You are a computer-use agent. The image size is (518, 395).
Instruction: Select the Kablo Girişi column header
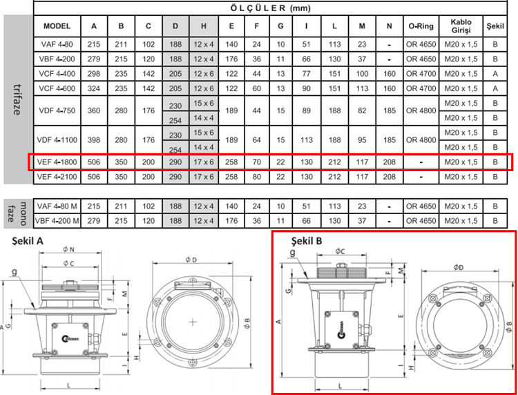[x=461, y=26]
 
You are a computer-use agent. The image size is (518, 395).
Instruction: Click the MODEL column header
[x=57, y=26]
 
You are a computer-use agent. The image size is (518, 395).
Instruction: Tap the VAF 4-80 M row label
[x=57, y=206]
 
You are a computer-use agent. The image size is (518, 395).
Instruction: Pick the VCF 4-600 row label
[x=57, y=88]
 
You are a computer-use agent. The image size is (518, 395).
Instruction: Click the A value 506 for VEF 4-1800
[x=94, y=162]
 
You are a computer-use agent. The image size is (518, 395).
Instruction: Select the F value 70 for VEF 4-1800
[x=257, y=162]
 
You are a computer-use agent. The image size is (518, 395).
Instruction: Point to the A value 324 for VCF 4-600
[x=94, y=88]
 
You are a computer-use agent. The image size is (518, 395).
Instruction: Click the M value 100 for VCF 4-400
[x=362, y=74]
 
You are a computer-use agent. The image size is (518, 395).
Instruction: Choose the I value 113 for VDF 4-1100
[x=307, y=140]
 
